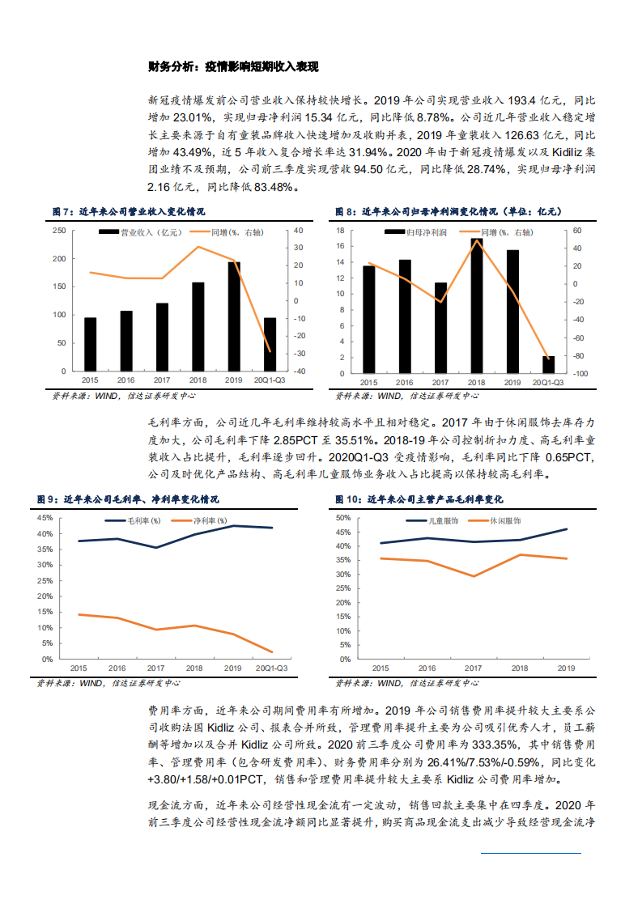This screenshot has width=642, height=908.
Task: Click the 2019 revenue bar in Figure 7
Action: (x=234, y=316)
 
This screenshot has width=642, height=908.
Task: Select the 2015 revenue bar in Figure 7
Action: (x=91, y=344)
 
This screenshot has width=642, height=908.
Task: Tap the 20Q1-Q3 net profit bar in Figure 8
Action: (x=548, y=364)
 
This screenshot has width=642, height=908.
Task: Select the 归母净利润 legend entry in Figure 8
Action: (x=421, y=232)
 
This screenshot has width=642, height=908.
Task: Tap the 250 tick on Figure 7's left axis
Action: (x=59, y=231)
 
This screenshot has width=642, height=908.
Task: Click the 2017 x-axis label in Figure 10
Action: (x=473, y=669)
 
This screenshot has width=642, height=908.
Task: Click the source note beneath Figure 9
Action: (x=109, y=683)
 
